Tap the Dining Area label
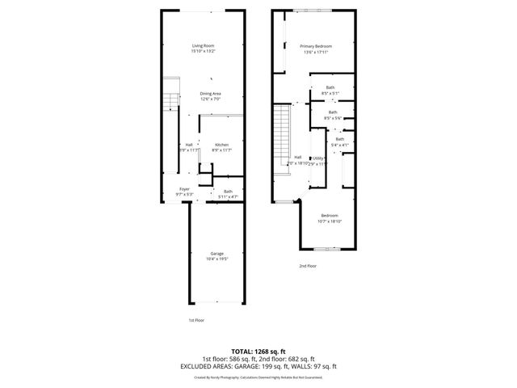(211, 94)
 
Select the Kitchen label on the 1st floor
(221, 145)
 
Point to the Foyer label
(185, 190)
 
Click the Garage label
(216, 254)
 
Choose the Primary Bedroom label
(316, 46)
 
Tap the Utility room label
(318, 158)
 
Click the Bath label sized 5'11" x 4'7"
(229, 192)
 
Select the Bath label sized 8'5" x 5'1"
(330, 87)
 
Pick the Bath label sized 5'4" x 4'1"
(340, 140)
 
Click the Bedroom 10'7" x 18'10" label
(330, 215)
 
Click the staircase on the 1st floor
(170, 101)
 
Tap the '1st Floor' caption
(195, 320)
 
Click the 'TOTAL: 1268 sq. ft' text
(258, 352)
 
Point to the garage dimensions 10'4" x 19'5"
(216, 259)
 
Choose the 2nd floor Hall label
(297, 157)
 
